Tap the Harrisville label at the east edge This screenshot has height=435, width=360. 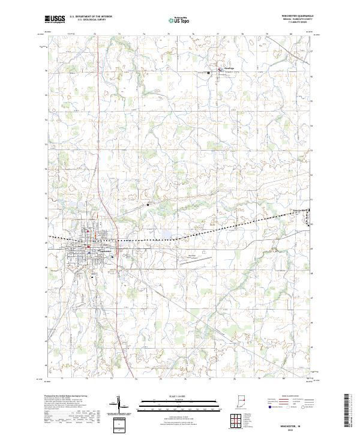point(300,209)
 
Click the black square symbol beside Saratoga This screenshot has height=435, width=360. point(209,73)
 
